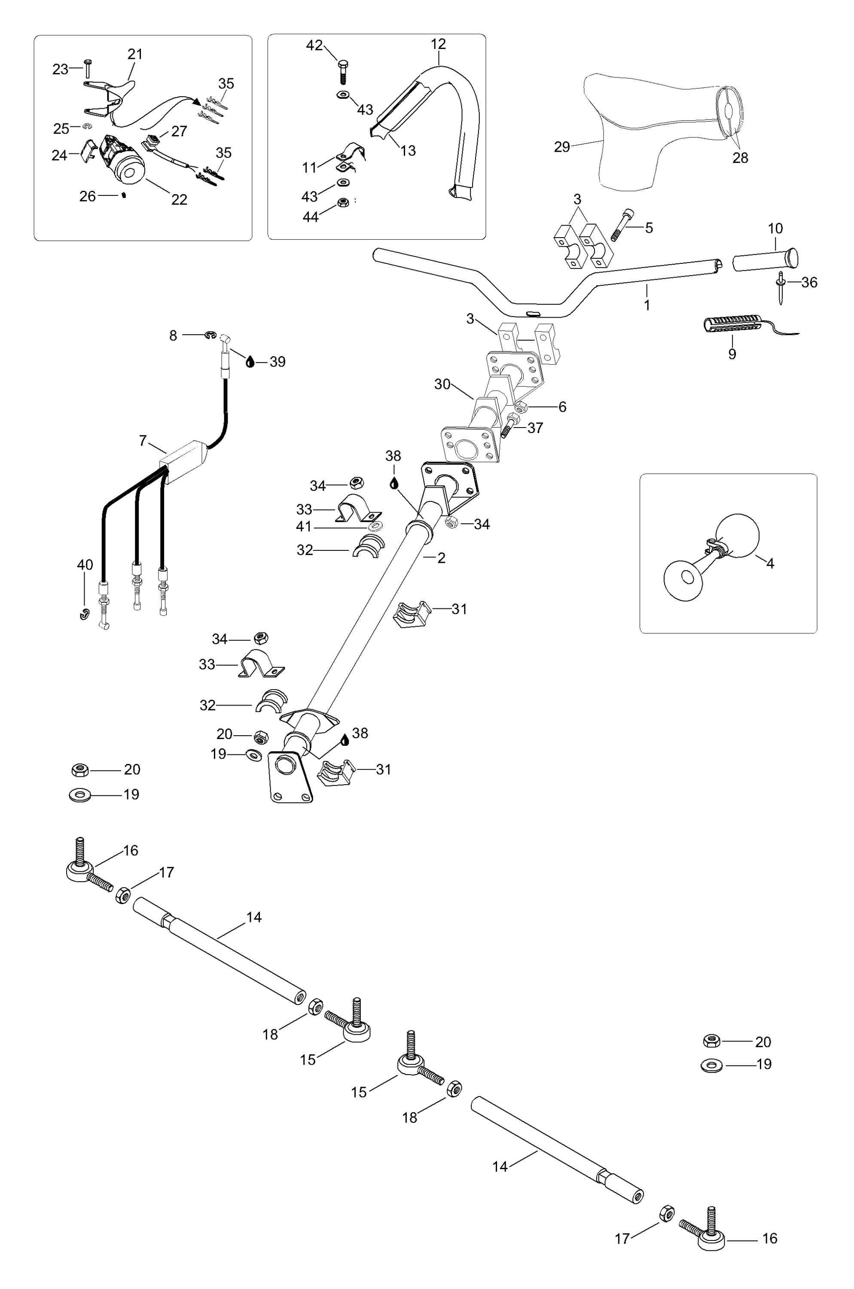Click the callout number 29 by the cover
(x=561, y=147)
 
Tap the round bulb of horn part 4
(x=736, y=535)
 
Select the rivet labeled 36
(x=781, y=287)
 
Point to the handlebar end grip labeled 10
(x=765, y=260)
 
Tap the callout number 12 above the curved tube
(x=438, y=44)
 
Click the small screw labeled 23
(x=88, y=69)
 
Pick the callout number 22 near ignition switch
(x=179, y=199)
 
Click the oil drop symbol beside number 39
(x=250, y=361)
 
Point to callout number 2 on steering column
(x=441, y=558)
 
